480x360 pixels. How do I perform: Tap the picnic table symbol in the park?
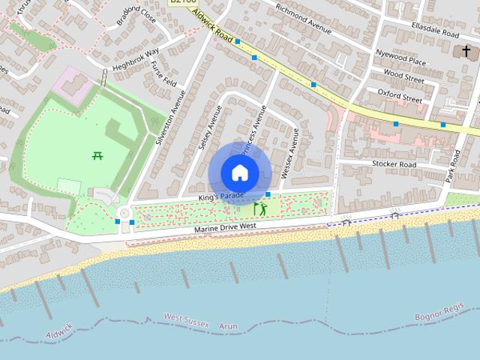pos(97,156)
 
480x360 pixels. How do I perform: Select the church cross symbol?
pos(466,51)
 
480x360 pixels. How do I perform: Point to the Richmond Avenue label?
pos(303,19)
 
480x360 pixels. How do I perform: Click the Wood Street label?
pos(403,76)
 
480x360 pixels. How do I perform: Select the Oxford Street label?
pos(400,97)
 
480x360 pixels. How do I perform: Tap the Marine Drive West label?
pos(224,226)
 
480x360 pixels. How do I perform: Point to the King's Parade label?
pos(222,196)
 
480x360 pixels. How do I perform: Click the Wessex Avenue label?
pos(289,153)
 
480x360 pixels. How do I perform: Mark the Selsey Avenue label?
pos(208,126)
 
